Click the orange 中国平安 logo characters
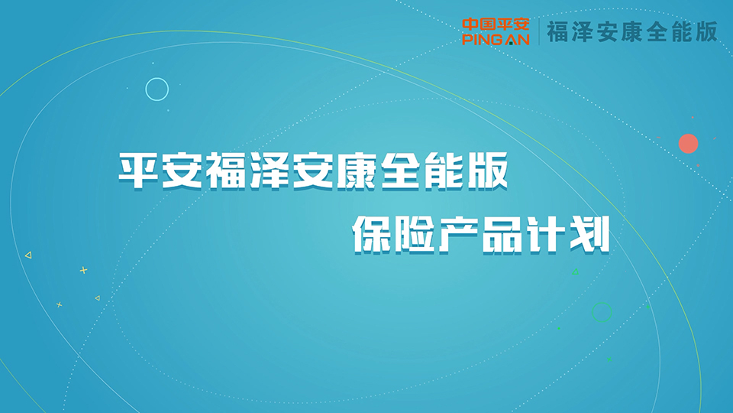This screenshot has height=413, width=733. pos(496,24)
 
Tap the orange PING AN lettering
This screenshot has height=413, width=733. pos(496,39)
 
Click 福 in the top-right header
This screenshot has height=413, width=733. pos(559,32)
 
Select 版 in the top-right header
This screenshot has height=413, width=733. pos(706,32)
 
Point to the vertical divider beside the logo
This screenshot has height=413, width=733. pos(540,32)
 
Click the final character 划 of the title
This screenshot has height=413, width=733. pos(590,235)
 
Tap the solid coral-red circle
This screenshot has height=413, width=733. pos(689,144)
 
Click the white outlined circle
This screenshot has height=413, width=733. pos(157,89)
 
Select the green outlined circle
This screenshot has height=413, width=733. pos(602,312)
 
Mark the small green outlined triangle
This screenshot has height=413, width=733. pos(576,272)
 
